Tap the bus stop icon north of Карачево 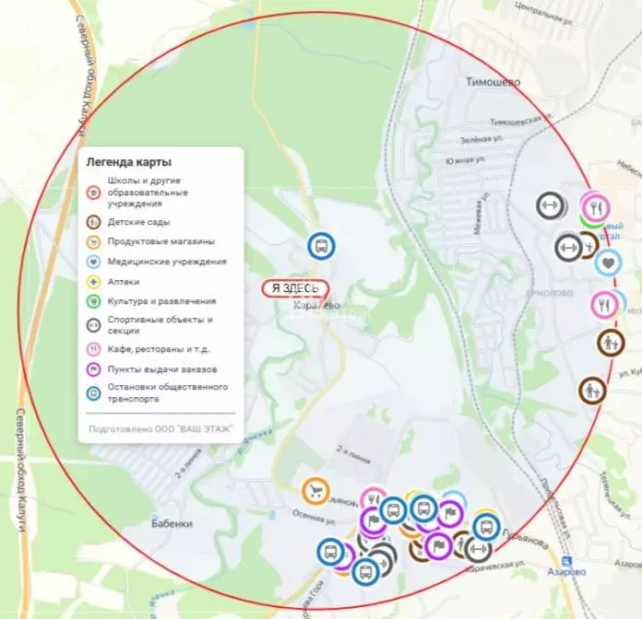(x=321, y=246)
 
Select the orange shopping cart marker (x=315, y=491)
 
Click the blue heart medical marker (x=607, y=263)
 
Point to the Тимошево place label (x=493, y=82)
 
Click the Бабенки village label (x=172, y=523)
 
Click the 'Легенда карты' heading (x=128, y=162)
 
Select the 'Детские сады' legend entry (x=138, y=222)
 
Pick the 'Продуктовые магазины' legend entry (x=160, y=241)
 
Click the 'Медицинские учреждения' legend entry (x=166, y=262)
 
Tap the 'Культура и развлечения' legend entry (x=161, y=300)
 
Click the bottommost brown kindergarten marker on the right (x=592, y=390)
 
